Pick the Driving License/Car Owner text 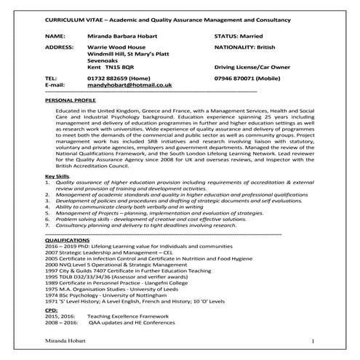tap(255, 65)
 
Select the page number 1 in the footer tap(312, 341)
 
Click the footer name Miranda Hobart tap(64, 341)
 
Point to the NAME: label tap(55, 34)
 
